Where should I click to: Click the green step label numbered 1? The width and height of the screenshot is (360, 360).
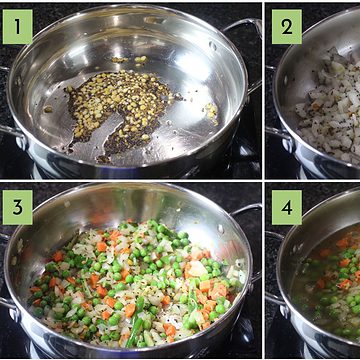[x=18, y=27]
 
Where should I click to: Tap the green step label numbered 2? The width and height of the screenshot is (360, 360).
[x=287, y=27]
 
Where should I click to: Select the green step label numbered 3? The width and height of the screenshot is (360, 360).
[x=18, y=207]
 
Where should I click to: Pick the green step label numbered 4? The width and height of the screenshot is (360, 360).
[x=287, y=207]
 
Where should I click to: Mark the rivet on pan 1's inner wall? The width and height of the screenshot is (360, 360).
[x=212, y=46]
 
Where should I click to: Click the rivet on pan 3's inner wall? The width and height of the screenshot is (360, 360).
[x=220, y=229]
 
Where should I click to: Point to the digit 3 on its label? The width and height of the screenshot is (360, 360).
[x=18, y=207]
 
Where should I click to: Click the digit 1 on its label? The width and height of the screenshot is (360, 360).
[x=18, y=27]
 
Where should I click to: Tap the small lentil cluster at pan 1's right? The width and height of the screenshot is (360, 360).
[x=211, y=113]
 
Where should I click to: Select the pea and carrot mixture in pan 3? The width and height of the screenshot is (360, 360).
[x=133, y=283]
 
